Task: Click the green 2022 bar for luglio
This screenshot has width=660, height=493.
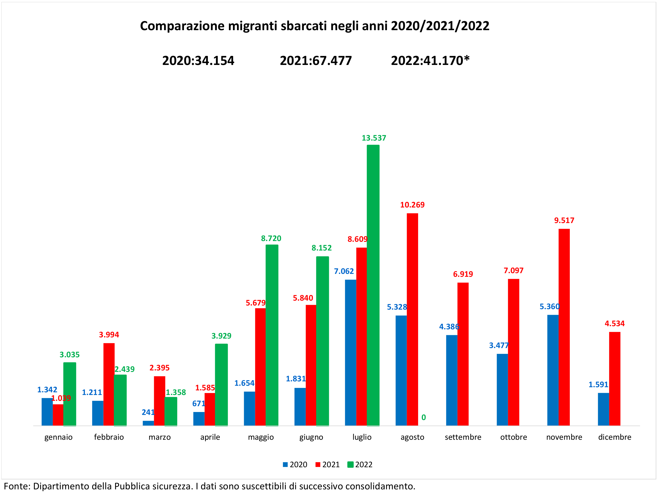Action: coord(373,285)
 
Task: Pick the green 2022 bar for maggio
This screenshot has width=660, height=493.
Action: coord(272,335)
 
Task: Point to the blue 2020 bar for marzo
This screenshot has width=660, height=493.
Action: coord(148,423)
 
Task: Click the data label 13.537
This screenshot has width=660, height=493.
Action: coord(374,138)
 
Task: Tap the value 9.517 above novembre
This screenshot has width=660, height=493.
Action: coord(564,220)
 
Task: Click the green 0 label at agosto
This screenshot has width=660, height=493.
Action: coord(423,417)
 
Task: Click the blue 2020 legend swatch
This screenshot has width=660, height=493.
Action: coord(285,464)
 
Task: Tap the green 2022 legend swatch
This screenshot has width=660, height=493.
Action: coord(351,464)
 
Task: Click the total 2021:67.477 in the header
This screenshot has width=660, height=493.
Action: coord(316,61)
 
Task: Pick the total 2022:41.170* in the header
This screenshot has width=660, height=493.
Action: coord(430,61)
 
